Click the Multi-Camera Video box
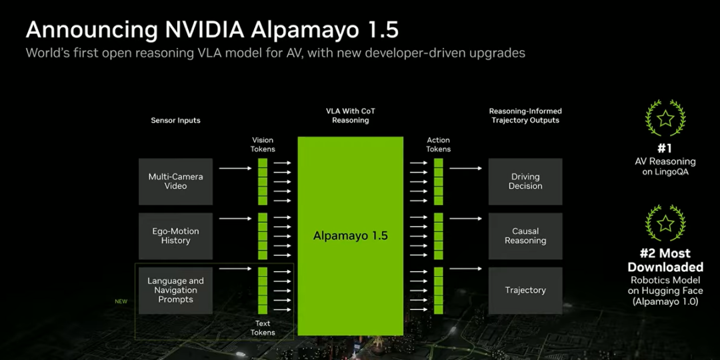pyautogui.click(x=175, y=181)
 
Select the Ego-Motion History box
pyautogui.click(x=175, y=236)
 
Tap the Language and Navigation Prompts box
pyautogui.click(x=175, y=291)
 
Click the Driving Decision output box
pyautogui.click(x=525, y=181)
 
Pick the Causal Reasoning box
pyautogui.click(x=525, y=236)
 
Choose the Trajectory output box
pyautogui.click(x=525, y=291)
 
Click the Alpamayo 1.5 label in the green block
pyautogui.click(x=351, y=236)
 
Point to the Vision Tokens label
pyautogui.click(x=263, y=145)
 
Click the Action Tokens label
pyautogui.click(x=438, y=145)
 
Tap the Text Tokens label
pyautogui.click(x=263, y=328)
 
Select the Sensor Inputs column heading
pyautogui.click(x=175, y=121)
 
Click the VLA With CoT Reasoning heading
pyautogui.click(x=351, y=115)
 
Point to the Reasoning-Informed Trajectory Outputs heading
pyautogui.click(x=525, y=115)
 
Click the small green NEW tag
pyautogui.click(x=121, y=301)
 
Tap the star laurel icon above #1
pyautogui.click(x=665, y=119)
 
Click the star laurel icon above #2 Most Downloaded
pyautogui.click(x=665, y=223)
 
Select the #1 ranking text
pyautogui.click(x=665, y=149)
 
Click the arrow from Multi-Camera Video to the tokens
pyautogui.click(x=235, y=168)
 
